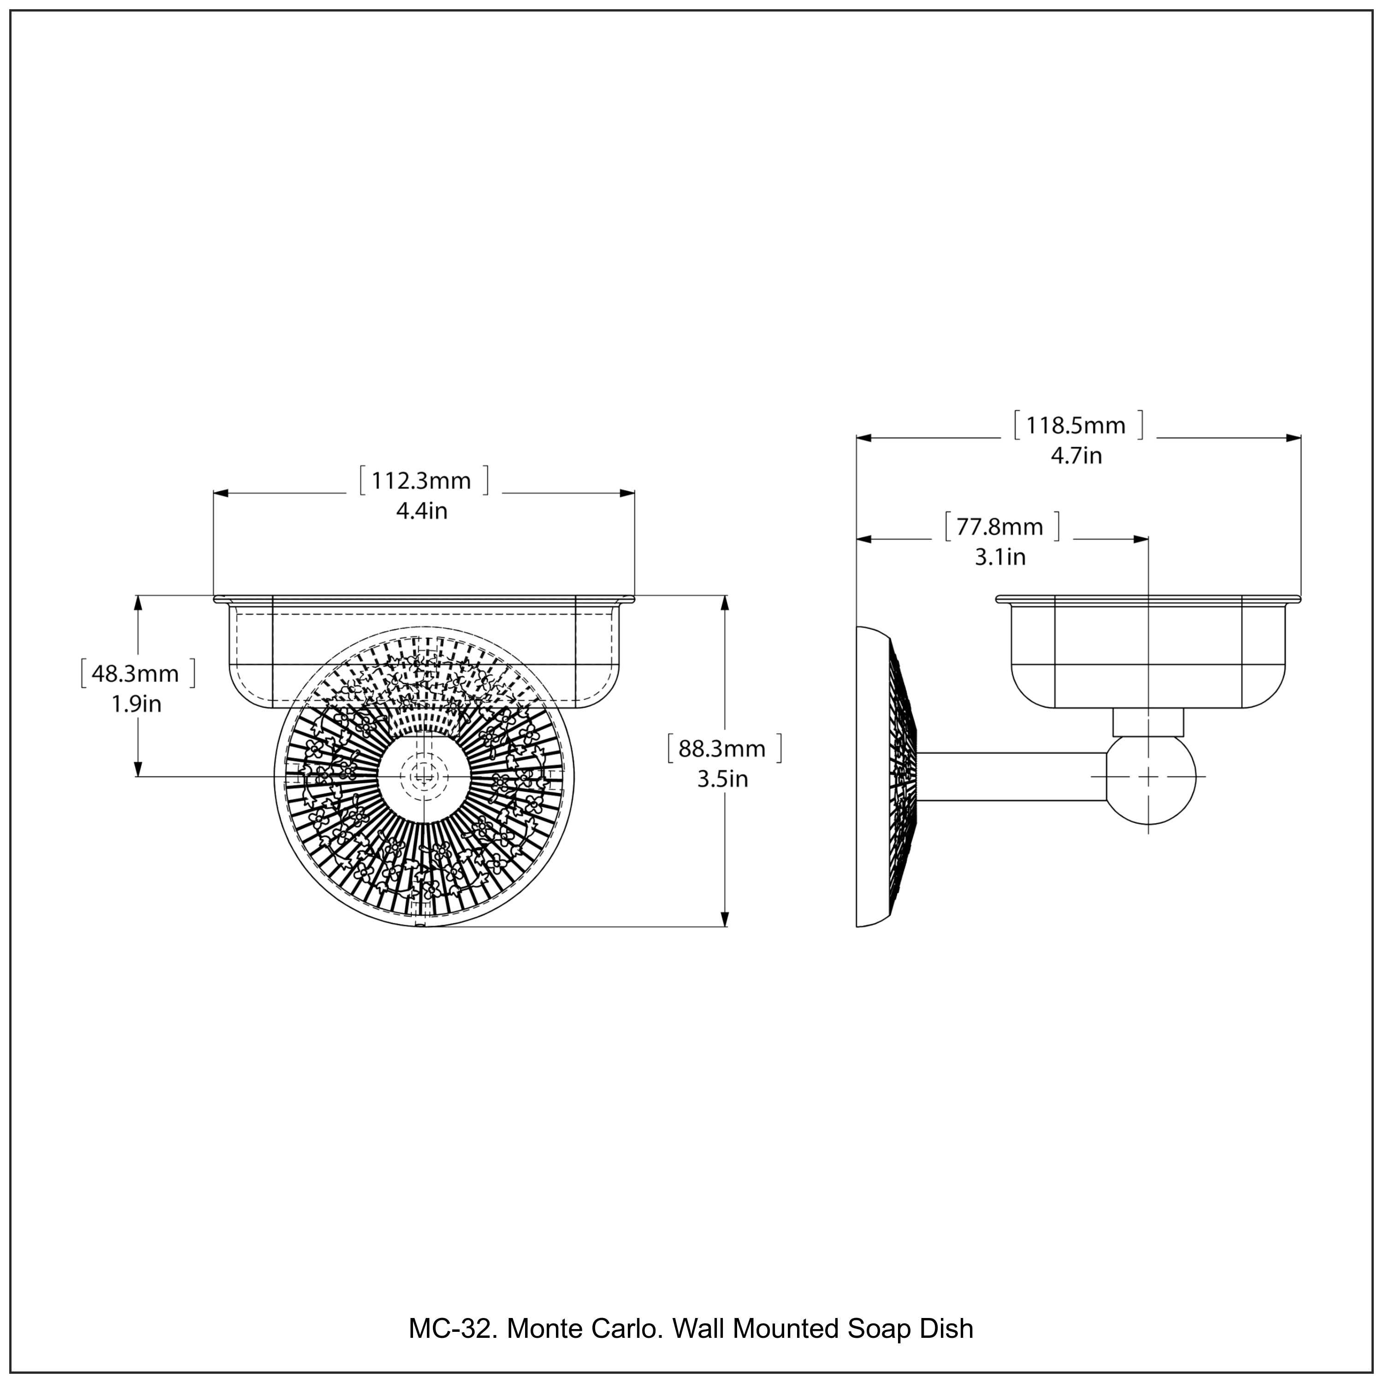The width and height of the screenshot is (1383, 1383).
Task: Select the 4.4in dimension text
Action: click(422, 511)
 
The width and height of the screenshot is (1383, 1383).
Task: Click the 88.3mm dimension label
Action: click(722, 749)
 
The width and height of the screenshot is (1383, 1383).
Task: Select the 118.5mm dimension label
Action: click(1076, 426)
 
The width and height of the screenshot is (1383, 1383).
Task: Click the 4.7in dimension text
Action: click(1076, 456)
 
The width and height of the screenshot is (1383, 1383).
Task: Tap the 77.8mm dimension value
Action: click(1000, 527)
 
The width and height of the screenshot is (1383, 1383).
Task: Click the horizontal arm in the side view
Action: click(1009, 777)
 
